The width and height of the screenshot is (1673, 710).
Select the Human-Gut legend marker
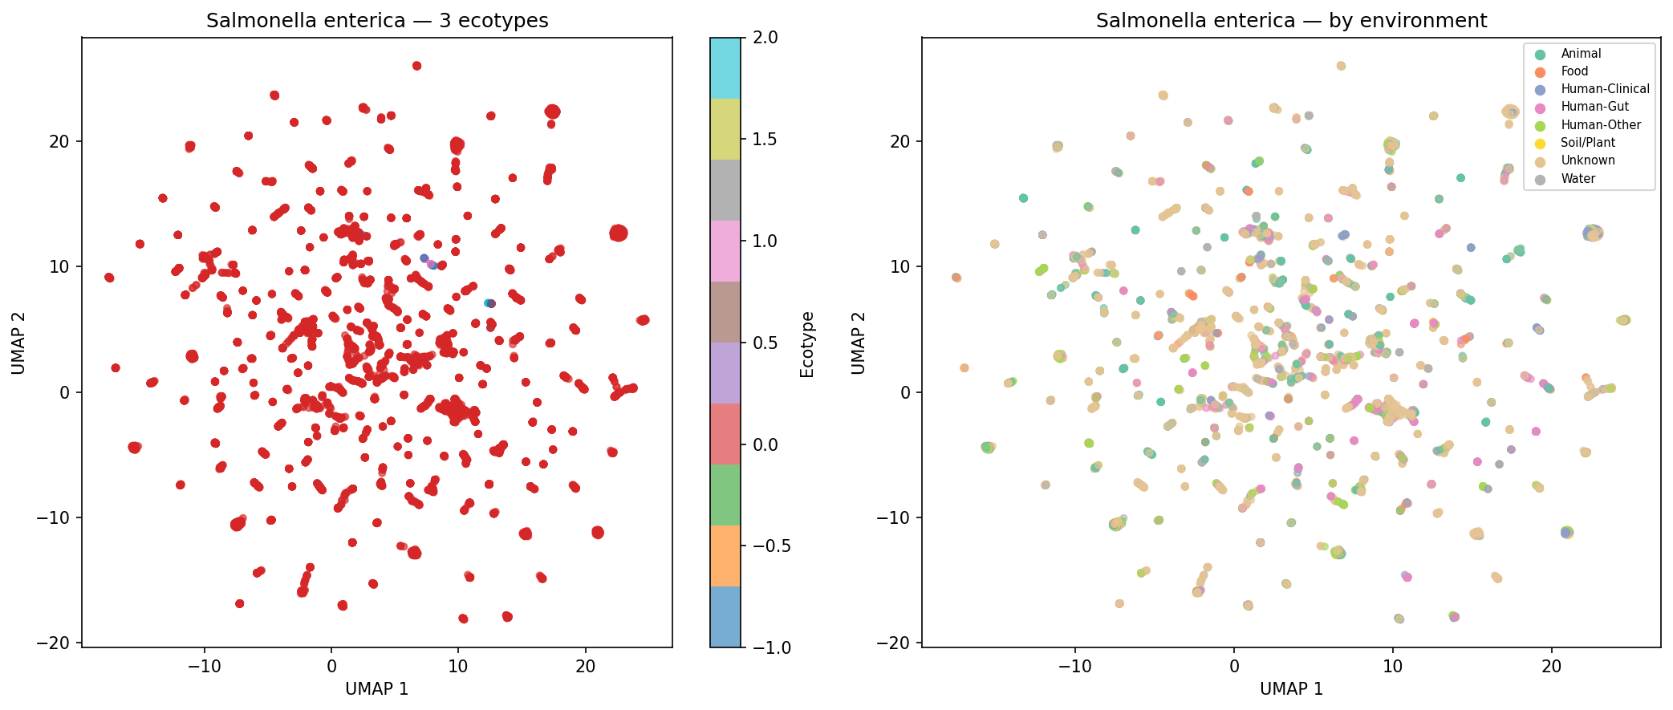tap(1533, 107)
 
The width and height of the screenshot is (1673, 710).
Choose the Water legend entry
tap(1578, 179)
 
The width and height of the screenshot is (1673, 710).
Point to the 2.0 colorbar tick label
tap(765, 38)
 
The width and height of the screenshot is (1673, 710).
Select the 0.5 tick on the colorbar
tap(765, 343)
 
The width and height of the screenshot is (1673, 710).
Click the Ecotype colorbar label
tap(806, 344)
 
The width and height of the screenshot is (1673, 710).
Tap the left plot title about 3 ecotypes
tap(377, 21)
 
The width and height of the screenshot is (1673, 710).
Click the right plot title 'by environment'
tap(1291, 21)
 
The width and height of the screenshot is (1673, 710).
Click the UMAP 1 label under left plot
tap(376, 689)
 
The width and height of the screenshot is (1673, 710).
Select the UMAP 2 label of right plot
tap(859, 343)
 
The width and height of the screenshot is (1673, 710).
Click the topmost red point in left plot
tap(416, 66)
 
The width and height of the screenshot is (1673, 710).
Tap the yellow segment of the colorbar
tap(725, 129)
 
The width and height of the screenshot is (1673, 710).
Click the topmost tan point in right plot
tap(1341, 66)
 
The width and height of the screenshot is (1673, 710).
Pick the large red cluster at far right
tap(618, 233)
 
